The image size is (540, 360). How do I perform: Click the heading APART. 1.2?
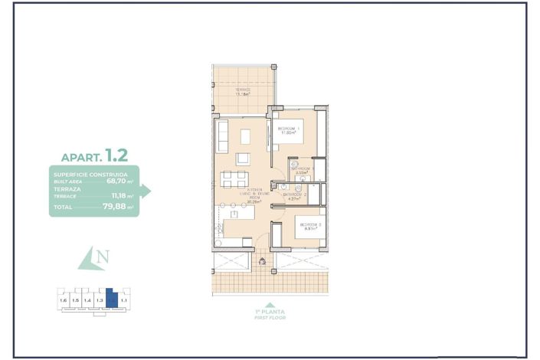(x=94, y=156)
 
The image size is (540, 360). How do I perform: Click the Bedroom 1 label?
(x=287, y=130)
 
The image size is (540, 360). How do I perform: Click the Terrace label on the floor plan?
(x=243, y=92)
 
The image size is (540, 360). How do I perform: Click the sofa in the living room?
(x=221, y=135)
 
